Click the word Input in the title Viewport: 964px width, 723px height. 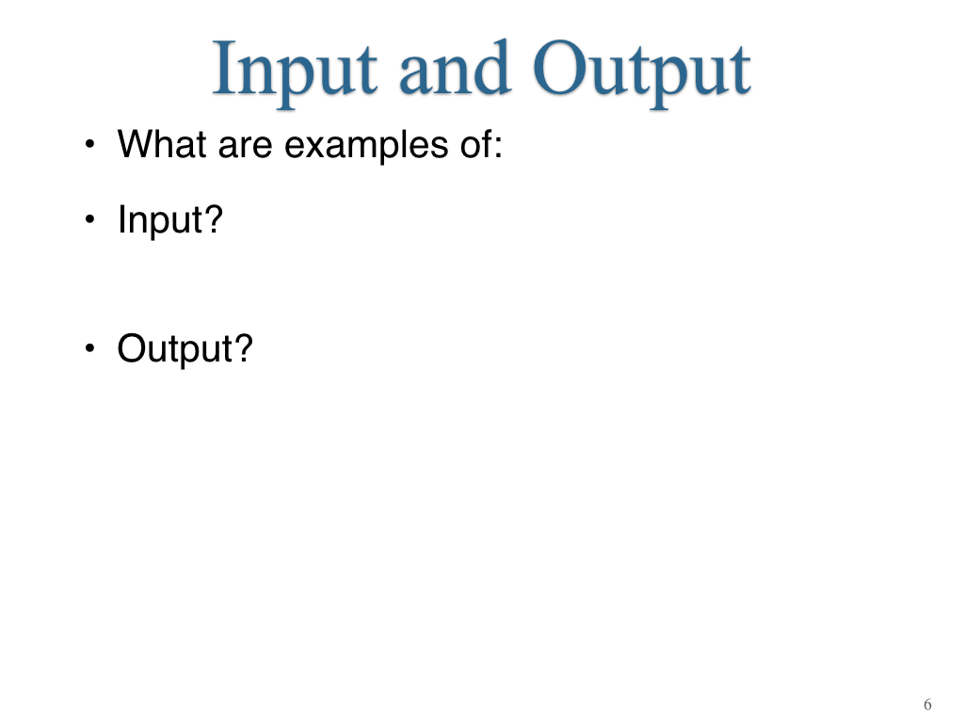pyautogui.click(x=295, y=72)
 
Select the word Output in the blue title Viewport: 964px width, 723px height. pyautogui.click(x=642, y=72)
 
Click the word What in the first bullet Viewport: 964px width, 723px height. pyautogui.click(x=162, y=144)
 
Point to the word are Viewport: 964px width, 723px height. pyautogui.click(x=245, y=148)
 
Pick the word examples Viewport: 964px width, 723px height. pyautogui.click(x=366, y=147)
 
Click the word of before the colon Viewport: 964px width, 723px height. pyautogui.click(x=475, y=144)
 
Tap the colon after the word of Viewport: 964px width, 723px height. pyautogui.click(x=499, y=148)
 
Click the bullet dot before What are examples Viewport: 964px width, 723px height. pyautogui.click(x=90, y=144)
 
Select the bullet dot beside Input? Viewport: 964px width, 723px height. pyautogui.click(x=90, y=218)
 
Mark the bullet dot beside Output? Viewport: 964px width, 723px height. pyautogui.click(x=90, y=348)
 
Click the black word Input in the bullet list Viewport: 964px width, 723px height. pyautogui.click(x=159, y=221)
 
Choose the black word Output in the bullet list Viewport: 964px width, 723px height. pyautogui.click(x=174, y=350)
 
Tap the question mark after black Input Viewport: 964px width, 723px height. pyautogui.click(x=213, y=218)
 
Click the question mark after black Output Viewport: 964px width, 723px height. pyautogui.click(x=244, y=348)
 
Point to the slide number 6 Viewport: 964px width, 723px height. pyautogui.click(x=927, y=704)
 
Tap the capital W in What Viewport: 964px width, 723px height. pyautogui.click(x=137, y=144)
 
